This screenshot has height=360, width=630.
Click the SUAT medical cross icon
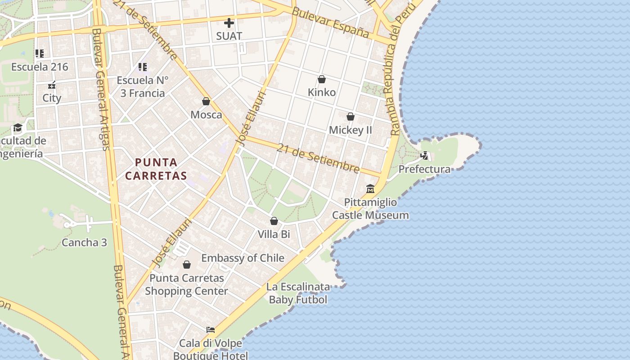pyautogui.click(x=229, y=22)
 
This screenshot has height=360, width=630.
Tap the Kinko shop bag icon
pyautogui.click(x=322, y=80)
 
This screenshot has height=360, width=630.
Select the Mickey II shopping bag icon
pyautogui.click(x=351, y=117)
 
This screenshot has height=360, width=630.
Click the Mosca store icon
pyautogui.click(x=206, y=102)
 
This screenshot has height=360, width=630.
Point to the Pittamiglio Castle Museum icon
pyautogui.click(x=370, y=189)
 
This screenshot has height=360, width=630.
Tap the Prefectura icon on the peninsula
pyautogui.click(x=424, y=156)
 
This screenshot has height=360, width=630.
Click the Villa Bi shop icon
pyautogui.click(x=274, y=221)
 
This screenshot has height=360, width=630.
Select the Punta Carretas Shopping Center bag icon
pyautogui.click(x=187, y=265)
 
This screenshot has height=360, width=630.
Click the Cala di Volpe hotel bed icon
pyautogui.click(x=210, y=330)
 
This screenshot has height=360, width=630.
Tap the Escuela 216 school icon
pyautogui.click(x=40, y=54)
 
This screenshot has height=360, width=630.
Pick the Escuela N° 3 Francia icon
pyautogui.click(x=143, y=67)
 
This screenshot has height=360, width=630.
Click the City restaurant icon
pyautogui.click(x=52, y=85)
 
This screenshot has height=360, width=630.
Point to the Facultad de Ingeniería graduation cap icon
pyautogui.click(x=18, y=128)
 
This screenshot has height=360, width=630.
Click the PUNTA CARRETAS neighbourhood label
pyautogui.click(x=156, y=169)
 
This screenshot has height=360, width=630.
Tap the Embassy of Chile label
pyautogui.click(x=243, y=258)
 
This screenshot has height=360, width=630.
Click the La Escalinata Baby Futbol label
pyautogui.click(x=298, y=293)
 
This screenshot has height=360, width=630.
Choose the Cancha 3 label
pyautogui.click(x=84, y=243)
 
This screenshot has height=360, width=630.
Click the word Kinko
pyautogui.click(x=322, y=92)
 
